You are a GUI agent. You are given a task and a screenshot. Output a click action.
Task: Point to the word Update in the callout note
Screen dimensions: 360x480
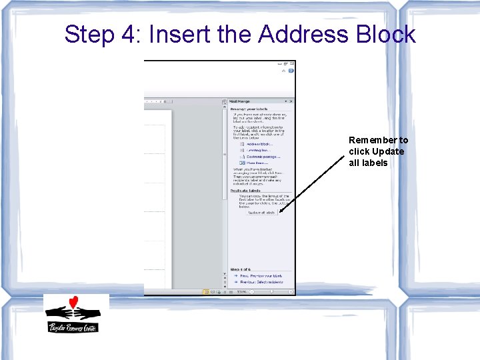(388, 151)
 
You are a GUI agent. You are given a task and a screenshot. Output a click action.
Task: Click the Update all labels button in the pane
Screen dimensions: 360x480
(261, 213)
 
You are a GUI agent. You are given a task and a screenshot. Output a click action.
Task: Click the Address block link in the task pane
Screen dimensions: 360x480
(259, 144)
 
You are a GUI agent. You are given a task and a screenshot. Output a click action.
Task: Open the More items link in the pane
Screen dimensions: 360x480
(257, 163)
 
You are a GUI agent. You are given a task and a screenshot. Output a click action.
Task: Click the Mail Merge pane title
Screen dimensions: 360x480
(241, 101)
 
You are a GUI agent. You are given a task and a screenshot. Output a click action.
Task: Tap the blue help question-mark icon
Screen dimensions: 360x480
(291, 69)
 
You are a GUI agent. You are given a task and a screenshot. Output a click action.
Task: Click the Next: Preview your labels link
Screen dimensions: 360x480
(260, 275)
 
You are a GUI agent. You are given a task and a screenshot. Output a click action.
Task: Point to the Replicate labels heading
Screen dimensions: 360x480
(246, 191)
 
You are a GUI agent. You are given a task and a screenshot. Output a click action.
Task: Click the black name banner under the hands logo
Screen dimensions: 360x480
(73, 327)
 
